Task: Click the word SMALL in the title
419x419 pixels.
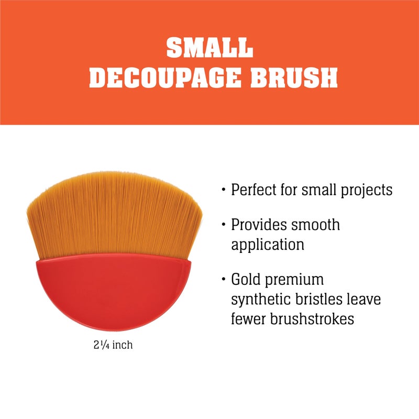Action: [210, 48]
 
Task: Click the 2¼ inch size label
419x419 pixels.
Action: [113, 346]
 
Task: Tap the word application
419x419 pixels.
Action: [268, 245]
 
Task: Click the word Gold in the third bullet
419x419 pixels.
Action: [247, 280]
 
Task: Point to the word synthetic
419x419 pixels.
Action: [261, 299]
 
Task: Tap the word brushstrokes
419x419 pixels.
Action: [312, 318]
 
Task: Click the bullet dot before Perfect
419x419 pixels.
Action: [224, 190]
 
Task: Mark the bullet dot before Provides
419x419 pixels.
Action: [224, 226]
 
